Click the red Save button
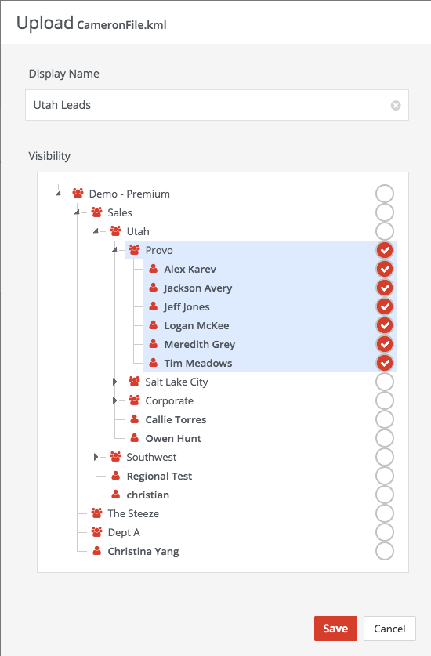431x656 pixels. [x=335, y=629]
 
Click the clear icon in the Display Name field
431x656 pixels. [x=396, y=106]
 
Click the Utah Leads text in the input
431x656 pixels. [x=62, y=105]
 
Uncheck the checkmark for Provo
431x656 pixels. [x=385, y=250]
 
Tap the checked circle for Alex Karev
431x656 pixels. [x=385, y=269]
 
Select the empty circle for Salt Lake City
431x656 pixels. [x=385, y=382]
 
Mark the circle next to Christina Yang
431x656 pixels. [x=385, y=552]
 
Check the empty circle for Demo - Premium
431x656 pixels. [x=385, y=194]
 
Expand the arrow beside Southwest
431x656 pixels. [x=96, y=457]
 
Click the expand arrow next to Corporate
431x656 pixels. [x=114, y=400]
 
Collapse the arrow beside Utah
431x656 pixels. [x=96, y=231]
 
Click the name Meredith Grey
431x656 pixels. [x=200, y=344]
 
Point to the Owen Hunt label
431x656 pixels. [x=173, y=438]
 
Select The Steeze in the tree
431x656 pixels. [x=133, y=514]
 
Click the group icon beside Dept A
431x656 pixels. [x=96, y=532]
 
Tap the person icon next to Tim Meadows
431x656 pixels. [x=154, y=363]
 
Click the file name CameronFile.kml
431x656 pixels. [x=121, y=25]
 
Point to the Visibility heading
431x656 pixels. [x=49, y=156]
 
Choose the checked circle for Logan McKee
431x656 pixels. [x=385, y=325]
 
